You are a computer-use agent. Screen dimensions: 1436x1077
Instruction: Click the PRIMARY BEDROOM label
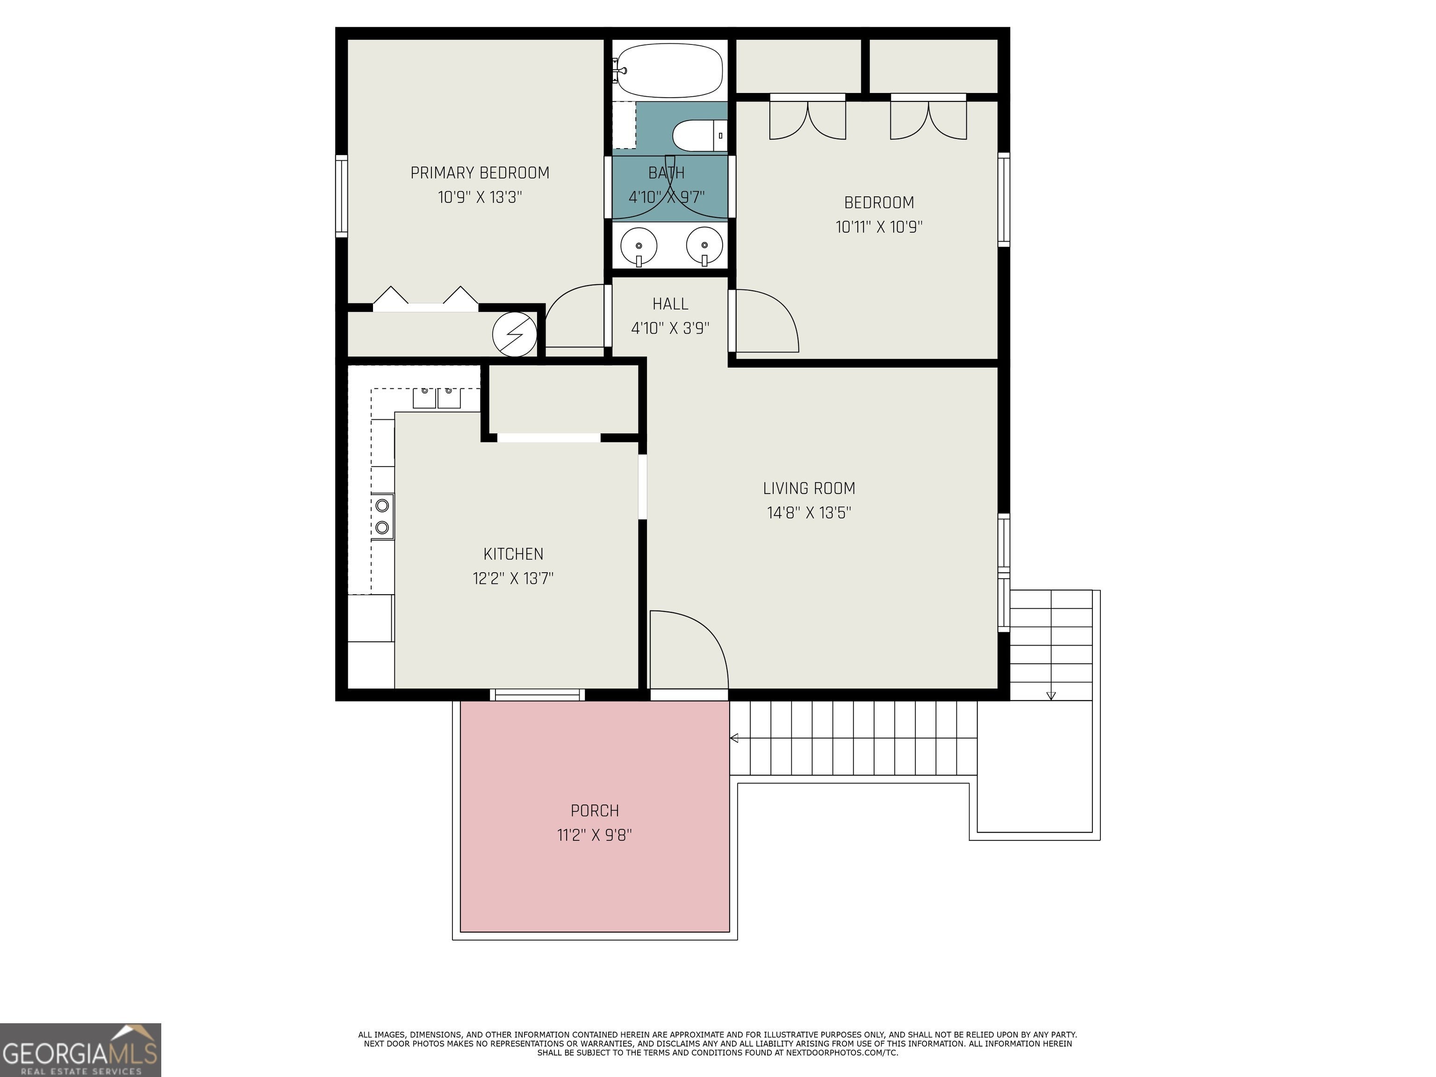480,172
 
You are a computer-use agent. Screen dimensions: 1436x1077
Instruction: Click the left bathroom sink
639,246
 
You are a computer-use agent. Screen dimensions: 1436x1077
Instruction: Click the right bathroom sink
704,246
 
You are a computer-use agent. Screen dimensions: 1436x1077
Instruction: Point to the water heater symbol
515,334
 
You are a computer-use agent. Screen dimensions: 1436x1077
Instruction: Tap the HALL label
670,304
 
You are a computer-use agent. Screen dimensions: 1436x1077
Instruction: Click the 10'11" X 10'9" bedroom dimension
879,227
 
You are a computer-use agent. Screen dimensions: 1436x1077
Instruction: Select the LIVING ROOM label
809,488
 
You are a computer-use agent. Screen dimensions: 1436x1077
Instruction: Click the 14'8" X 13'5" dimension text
809,513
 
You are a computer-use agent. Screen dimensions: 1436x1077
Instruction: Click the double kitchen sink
437,398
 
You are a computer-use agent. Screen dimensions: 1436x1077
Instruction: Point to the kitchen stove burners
382,516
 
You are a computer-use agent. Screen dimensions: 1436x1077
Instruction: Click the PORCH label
595,810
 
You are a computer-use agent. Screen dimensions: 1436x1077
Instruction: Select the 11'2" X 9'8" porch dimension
595,835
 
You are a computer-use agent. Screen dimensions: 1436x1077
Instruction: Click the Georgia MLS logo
80,1050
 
